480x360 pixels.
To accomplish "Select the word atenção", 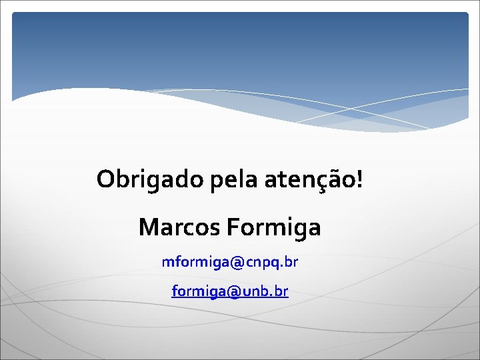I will pyautogui.click(x=310, y=179).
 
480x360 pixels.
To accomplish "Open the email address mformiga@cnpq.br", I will pyautogui.click(x=229, y=262).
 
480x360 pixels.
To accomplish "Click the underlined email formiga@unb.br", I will pyautogui.click(x=229, y=291).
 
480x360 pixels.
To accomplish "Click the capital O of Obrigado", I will pyautogui.click(x=105, y=179).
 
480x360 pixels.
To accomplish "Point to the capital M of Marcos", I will pyautogui.click(x=149, y=227).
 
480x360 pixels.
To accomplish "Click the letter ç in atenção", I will pyautogui.click(x=327, y=181).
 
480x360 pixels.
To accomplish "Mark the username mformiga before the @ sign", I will pyautogui.click(x=195, y=263).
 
